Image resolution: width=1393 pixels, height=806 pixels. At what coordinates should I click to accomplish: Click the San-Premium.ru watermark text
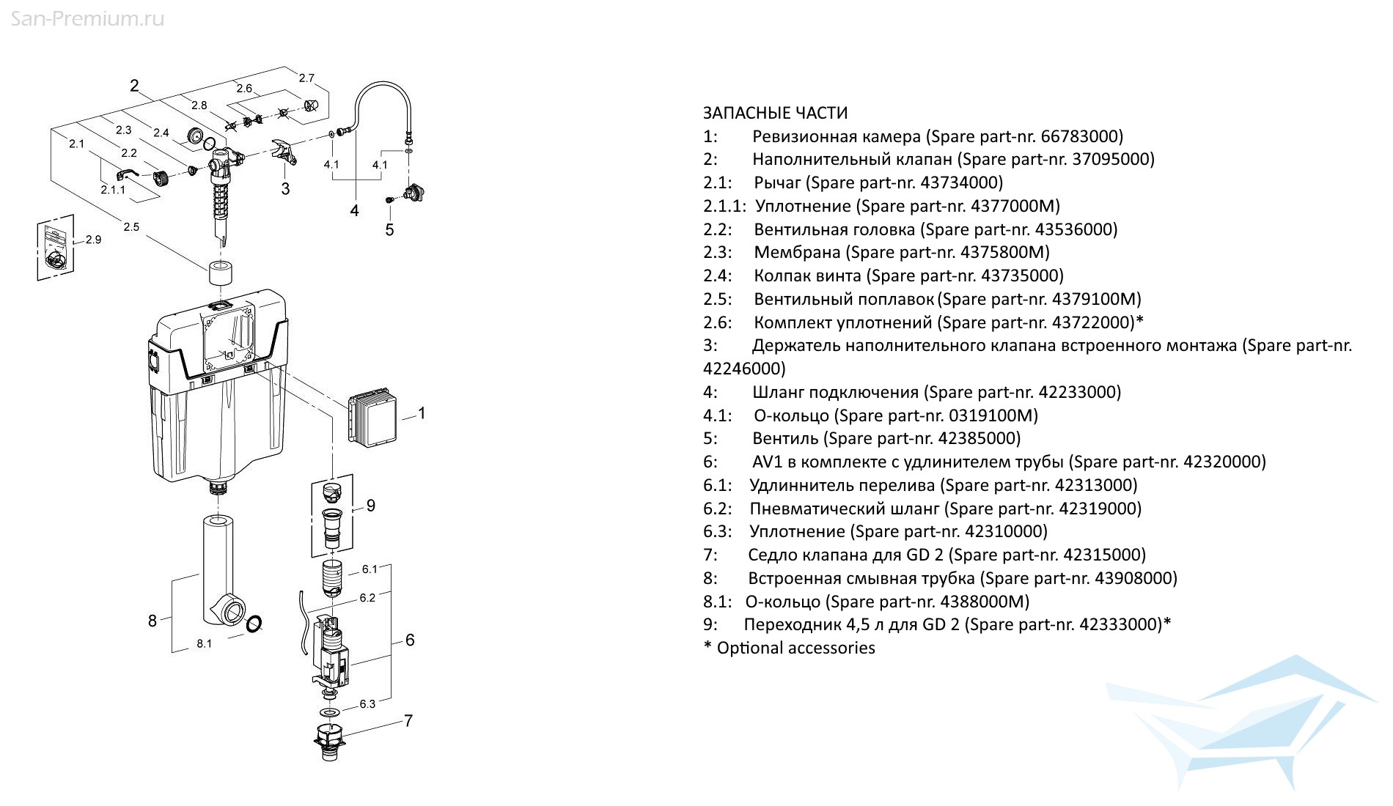(87, 18)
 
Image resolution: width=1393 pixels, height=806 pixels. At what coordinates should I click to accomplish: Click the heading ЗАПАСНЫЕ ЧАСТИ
(775, 113)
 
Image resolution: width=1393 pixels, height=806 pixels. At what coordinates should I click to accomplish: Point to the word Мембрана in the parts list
(797, 252)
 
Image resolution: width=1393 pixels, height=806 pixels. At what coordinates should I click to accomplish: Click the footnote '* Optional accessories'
(790, 648)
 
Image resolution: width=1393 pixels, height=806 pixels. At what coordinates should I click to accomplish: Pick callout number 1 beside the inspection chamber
(422, 413)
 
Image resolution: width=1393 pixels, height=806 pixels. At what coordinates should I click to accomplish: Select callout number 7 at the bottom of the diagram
(408, 720)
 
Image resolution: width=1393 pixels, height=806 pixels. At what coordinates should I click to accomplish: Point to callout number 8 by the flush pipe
(152, 621)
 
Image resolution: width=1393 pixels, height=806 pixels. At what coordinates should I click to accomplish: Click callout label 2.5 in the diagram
(131, 227)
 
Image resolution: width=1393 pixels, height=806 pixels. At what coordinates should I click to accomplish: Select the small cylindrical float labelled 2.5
(220, 273)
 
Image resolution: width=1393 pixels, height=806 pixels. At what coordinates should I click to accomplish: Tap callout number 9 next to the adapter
(371, 506)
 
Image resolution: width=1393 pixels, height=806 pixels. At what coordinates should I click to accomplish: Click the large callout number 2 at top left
(134, 86)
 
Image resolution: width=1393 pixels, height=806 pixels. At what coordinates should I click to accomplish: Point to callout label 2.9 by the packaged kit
(93, 240)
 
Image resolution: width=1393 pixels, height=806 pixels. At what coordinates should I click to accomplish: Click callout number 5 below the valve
(389, 230)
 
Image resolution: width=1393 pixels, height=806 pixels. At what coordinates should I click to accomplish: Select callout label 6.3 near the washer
(367, 704)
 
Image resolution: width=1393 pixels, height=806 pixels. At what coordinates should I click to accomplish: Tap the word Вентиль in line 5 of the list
(785, 438)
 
